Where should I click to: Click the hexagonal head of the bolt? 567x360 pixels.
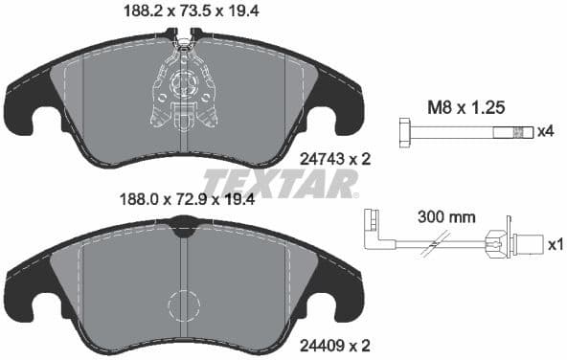pyautogui.click(x=404, y=130)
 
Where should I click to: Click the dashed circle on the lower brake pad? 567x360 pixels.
pyautogui.click(x=184, y=305)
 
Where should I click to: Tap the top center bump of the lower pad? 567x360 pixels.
pyautogui.click(x=182, y=225)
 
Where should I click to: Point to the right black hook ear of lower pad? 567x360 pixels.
pyautogui.click(x=337, y=292)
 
